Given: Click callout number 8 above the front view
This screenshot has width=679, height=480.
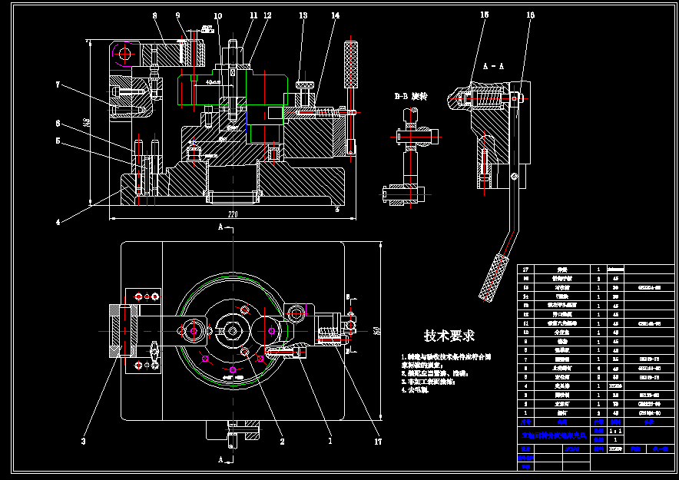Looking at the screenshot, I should (154, 15).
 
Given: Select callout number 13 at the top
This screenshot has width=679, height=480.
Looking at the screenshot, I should (303, 15).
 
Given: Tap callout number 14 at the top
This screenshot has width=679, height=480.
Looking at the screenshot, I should (336, 15).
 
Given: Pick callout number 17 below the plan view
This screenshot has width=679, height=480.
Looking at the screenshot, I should (378, 442).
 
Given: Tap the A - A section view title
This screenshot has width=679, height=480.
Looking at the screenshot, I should (493, 67).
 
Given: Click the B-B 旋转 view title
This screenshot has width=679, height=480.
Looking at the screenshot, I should (410, 97).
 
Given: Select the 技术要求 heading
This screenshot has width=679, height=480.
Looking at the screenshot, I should (449, 336).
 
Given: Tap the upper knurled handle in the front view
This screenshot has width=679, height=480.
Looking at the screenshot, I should (352, 65).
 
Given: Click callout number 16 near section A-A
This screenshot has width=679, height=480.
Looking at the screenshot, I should (530, 15).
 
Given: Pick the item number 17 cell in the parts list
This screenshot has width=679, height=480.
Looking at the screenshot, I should (526, 270).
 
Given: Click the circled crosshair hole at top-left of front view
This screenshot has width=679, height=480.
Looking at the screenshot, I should (123, 53).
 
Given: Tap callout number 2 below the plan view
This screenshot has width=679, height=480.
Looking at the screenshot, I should (282, 442).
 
